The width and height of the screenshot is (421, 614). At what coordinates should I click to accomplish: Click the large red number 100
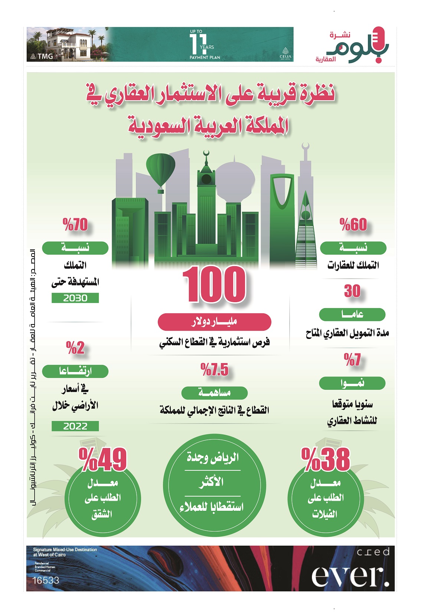pyautogui.click(x=214, y=285)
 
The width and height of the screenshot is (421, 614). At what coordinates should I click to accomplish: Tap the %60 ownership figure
pyautogui.click(x=353, y=225)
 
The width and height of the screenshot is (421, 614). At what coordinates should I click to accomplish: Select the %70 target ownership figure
pyautogui.click(x=75, y=225)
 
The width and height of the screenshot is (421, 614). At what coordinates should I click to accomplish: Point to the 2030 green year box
pyautogui.click(x=75, y=298)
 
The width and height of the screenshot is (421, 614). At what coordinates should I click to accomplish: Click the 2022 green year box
pyautogui.click(x=75, y=426)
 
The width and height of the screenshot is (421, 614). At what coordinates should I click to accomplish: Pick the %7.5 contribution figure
pyautogui.click(x=215, y=370)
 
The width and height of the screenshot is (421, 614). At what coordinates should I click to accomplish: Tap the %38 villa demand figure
pyautogui.click(x=326, y=460)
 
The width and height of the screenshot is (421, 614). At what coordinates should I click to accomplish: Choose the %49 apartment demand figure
pyautogui.click(x=103, y=460)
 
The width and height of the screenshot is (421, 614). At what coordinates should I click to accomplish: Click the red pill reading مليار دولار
pyautogui.click(x=214, y=322)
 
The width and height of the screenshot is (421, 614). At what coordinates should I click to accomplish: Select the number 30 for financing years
pyautogui.click(x=352, y=291)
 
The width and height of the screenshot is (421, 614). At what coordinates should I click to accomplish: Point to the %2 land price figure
pyautogui.click(x=75, y=348)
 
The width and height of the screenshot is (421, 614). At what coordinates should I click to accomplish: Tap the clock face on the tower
pyautogui.click(x=206, y=180)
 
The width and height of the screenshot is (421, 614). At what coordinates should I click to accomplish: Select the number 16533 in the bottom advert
pyautogui.click(x=46, y=580)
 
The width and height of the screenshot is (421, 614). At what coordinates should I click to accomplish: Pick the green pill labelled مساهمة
pyautogui.click(x=214, y=393)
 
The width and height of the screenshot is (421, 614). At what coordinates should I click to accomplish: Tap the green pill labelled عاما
pyautogui.click(x=352, y=315)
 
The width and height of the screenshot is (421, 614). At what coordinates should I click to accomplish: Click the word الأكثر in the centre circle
pyautogui.click(x=212, y=482)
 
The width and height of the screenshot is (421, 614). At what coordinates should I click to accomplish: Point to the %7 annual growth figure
pyautogui.click(x=352, y=360)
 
